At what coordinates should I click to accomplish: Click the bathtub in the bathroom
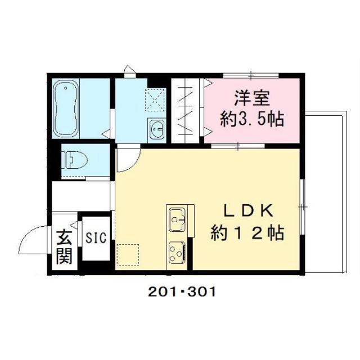66,109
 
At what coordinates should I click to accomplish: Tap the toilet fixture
74,159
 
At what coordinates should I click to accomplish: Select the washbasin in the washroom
157,129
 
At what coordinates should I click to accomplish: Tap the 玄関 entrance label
64,247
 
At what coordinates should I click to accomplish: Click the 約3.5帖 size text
250,119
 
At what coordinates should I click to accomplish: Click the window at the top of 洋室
251,75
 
